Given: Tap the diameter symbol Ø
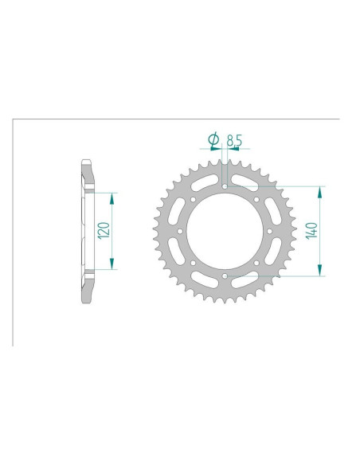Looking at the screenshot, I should point(213,140).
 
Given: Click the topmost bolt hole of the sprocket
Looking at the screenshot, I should point(225,187).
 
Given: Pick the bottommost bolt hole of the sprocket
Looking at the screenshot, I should point(225,276).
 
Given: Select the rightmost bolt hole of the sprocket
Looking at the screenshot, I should point(270,232).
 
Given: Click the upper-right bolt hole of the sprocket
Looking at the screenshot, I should point(256,200).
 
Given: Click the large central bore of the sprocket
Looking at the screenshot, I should point(225,232).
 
